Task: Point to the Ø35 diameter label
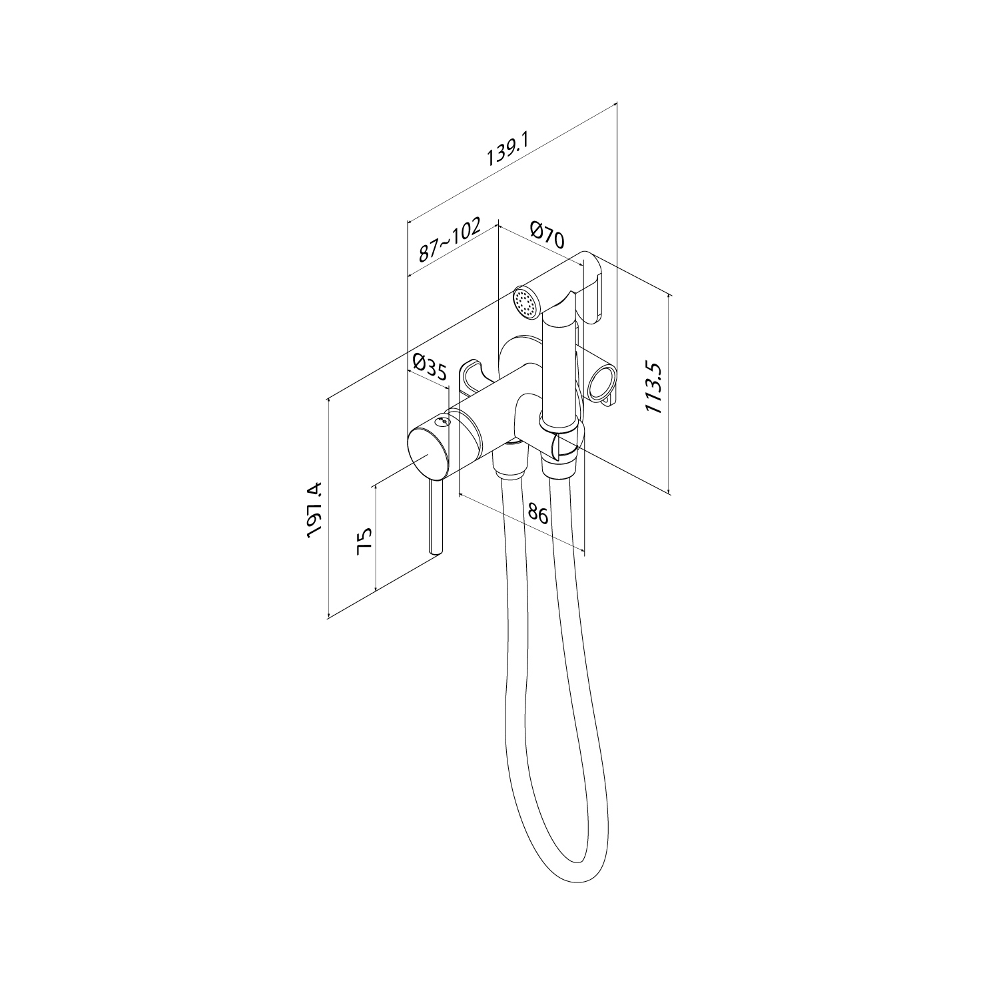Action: (x=430, y=367)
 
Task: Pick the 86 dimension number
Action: (x=537, y=515)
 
